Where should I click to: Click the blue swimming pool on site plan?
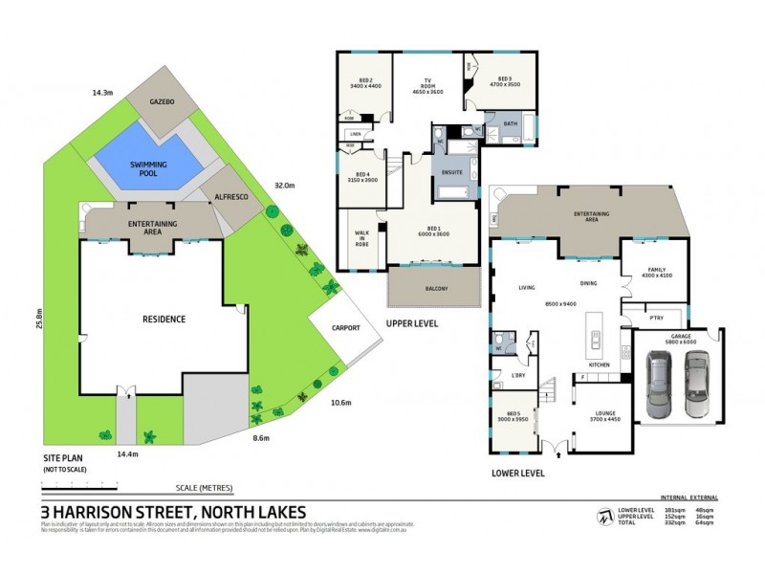pos(148,169)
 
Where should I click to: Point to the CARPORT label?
pos(345,328)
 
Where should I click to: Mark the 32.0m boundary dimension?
pos(284,186)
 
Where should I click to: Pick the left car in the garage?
pos(660,385)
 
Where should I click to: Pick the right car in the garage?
pos(697,385)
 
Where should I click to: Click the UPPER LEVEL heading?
pos(412,324)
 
